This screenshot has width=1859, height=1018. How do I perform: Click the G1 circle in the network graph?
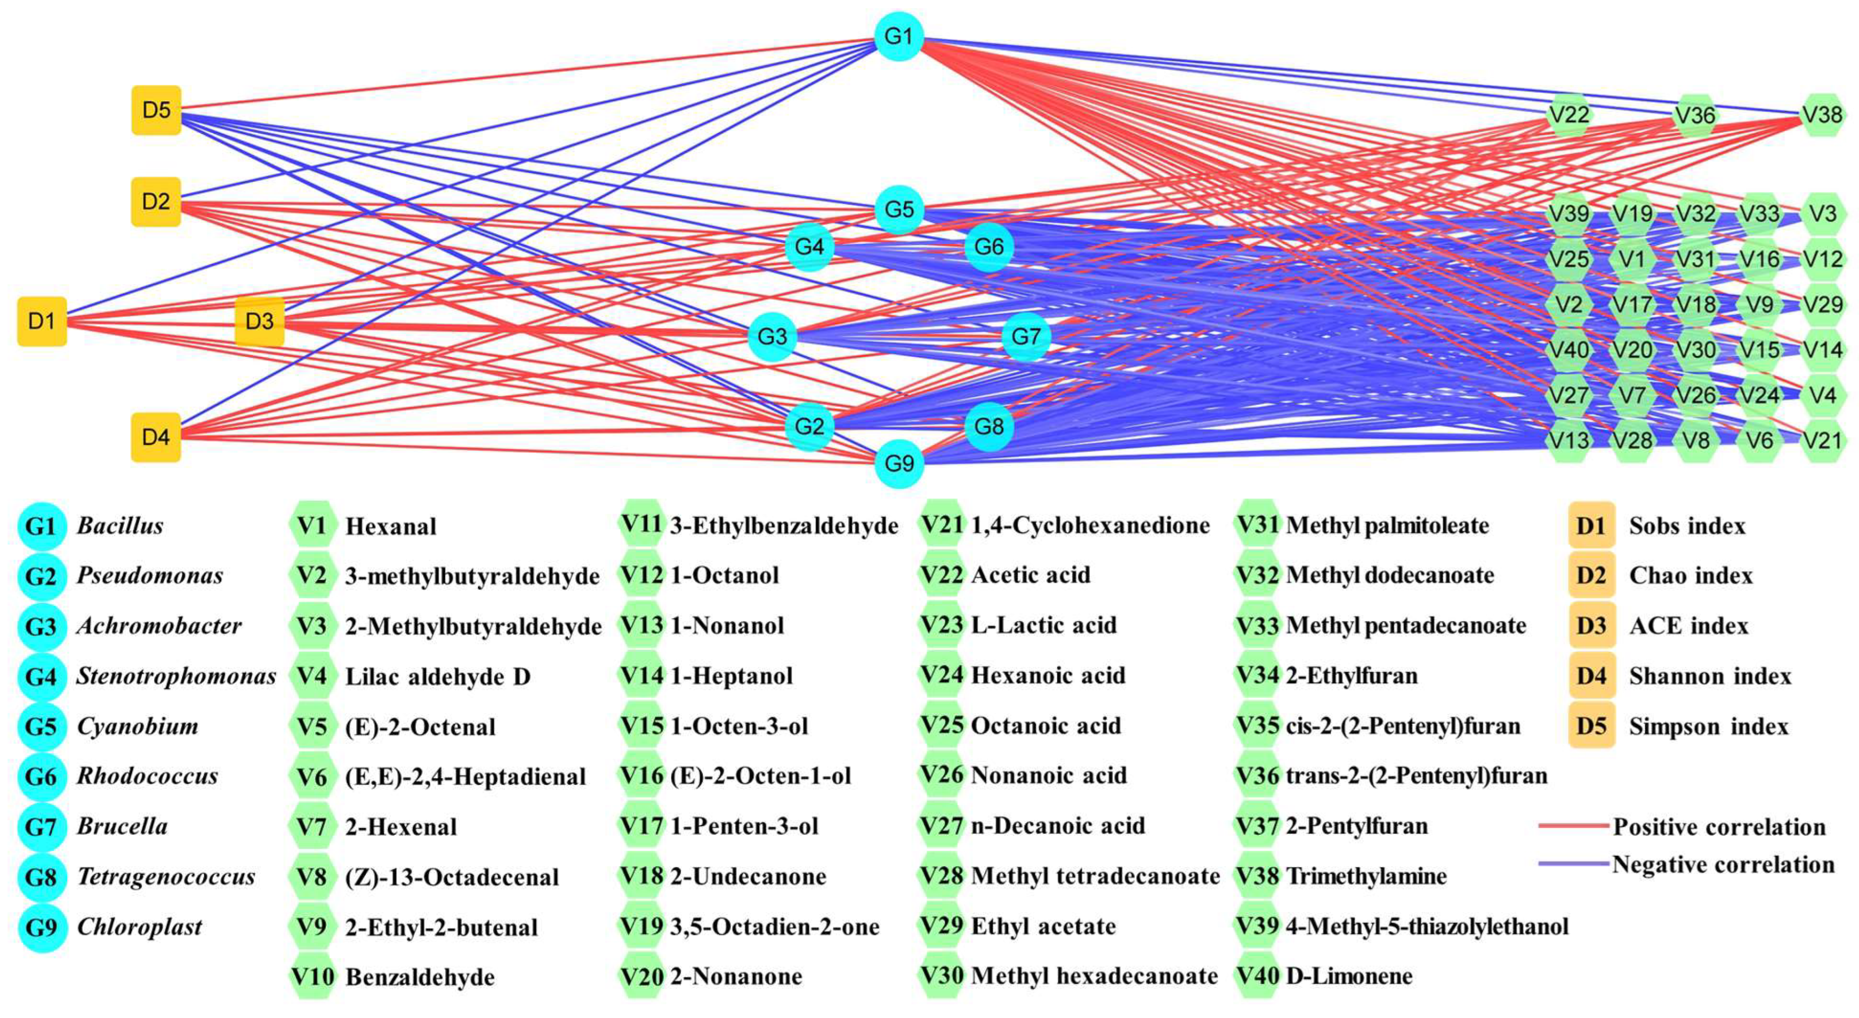tap(898, 36)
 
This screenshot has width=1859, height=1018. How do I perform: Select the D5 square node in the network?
tap(156, 110)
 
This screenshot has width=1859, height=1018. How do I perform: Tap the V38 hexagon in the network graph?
tap(1822, 115)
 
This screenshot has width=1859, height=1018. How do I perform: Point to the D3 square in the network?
tap(260, 321)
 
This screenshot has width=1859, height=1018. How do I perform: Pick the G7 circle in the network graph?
tap(1025, 337)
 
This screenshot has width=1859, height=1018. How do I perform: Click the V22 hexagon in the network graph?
tap(1569, 115)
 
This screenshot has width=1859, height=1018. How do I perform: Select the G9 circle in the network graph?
tap(899, 463)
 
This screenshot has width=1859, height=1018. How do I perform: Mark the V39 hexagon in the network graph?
tap(1569, 214)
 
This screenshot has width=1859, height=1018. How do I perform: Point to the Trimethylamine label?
tap(1366, 876)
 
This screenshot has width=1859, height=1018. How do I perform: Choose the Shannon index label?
tap(1710, 677)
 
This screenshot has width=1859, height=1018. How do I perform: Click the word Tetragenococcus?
tap(166, 876)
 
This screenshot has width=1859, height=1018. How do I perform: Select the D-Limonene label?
tap(1349, 977)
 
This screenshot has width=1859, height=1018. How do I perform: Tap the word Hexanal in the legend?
tap(391, 526)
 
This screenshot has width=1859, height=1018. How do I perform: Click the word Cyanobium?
tap(137, 726)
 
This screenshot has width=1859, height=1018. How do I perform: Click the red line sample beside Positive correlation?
tap(1573, 825)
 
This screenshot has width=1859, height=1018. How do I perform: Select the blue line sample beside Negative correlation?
tap(1573, 864)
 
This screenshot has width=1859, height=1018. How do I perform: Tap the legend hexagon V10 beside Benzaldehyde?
tap(312, 977)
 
